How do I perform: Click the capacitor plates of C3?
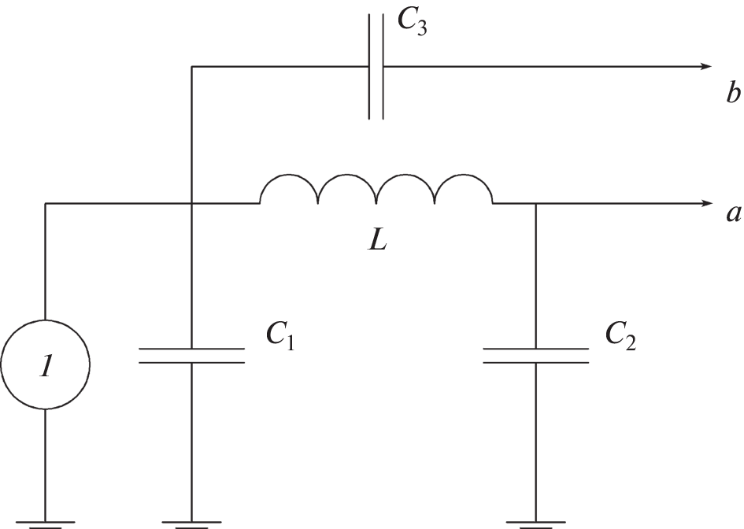[x=376, y=67]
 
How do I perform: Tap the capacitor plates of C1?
[x=191, y=355]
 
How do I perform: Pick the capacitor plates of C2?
[x=535, y=355]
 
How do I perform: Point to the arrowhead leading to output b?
[x=706, y=67]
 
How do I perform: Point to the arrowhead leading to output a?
[x=706, y=204]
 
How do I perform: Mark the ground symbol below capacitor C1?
[x=191, y=522]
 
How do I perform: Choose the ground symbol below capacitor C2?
[x=535, y=522]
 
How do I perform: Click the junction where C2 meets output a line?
[x=535, y=204]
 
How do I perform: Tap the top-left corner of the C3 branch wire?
[x=191, y=67]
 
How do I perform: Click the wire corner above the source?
[x=45, y=204]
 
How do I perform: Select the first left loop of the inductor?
[x=289, y=189]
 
